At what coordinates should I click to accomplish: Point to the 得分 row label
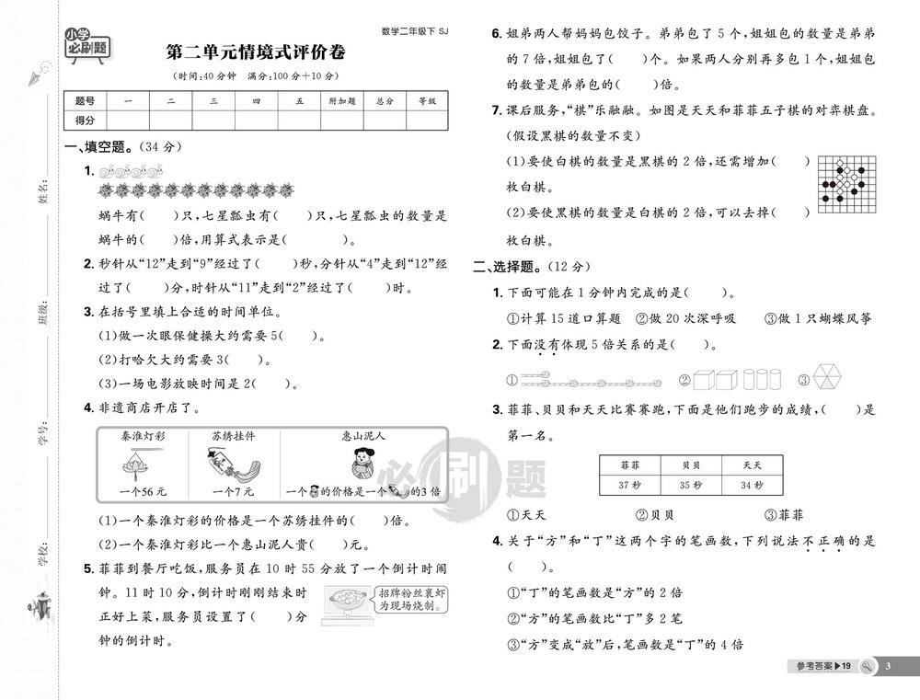click(85, 120)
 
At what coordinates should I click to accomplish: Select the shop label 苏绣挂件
click(233, 435)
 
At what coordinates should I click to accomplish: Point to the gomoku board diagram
click(846, 185)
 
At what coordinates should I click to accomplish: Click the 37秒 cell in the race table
click(629, 486)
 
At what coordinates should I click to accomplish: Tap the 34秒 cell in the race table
click(751, 486)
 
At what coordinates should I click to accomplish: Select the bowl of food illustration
click(344, 602)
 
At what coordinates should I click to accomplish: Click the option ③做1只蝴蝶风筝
click(818, 318)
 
